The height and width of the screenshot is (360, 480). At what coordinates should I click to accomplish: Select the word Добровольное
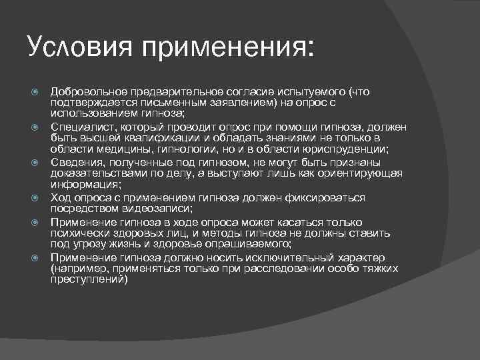(x=87, y=91)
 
